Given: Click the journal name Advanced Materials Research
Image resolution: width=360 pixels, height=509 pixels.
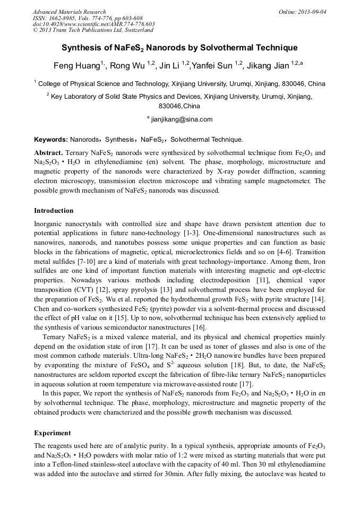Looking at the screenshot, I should tap(70, 12).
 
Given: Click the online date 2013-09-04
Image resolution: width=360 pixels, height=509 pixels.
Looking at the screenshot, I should tap(310, 12).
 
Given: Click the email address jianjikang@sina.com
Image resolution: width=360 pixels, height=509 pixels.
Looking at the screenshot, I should tap(182, 119).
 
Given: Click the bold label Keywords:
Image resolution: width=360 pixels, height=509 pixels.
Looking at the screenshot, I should tap(51, 140).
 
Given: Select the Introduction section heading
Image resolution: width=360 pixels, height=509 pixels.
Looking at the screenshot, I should tap(54, 210).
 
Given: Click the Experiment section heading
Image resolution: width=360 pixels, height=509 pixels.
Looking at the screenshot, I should tap(53, 433).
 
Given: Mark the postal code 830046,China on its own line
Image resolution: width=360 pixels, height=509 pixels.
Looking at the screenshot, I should tap(179, 106).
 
